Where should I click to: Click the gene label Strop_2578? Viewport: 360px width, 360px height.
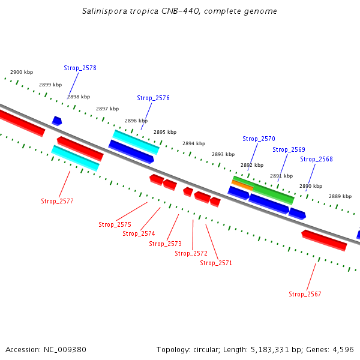(x=80, y=68)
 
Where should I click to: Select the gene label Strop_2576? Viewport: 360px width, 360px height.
(x=153, y=98)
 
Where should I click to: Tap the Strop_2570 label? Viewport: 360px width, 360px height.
(x=259, y=139)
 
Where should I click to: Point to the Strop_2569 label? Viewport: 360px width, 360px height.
(x=289, y=149)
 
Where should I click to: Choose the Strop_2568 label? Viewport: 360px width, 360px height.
(x=316, y=159)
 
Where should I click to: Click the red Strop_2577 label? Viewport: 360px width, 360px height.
(x=57, y=201)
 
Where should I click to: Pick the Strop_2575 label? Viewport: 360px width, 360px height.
(x=115, y=224)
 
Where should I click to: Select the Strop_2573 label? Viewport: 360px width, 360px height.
(x=165, y=244)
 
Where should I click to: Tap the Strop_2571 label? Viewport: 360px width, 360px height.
(x=216, y=263)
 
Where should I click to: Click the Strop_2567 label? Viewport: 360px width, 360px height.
(x=305, y=294)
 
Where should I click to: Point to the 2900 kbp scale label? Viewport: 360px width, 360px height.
(x=22, y=72)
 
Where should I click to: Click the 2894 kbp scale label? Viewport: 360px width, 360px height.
(x=194, y=143)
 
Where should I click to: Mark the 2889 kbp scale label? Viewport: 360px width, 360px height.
(x=340, y=196)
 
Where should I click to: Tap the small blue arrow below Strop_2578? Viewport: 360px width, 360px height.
(x=57, y=121)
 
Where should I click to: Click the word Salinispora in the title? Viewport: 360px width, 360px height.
(x=103, y=11)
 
